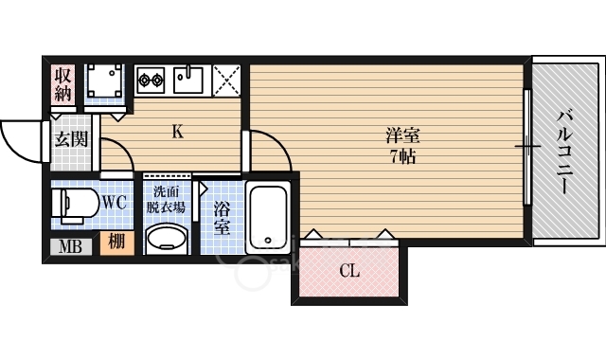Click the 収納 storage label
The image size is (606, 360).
[x=62, y=85]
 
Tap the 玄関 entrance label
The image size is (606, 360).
[x=72, y=139]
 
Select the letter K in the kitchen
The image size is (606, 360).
[x=177, y=132]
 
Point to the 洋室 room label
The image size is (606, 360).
[x=402, y=135]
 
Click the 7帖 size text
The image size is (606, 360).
[x=402, y=156]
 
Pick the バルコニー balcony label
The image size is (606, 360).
[x=564, y=152]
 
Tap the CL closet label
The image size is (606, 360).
[x=349, y=271]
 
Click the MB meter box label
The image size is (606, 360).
[x=70, y=246]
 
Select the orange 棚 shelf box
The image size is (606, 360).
[x=117, y=243]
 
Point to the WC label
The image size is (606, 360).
[x=115, y=202]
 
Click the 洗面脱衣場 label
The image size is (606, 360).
[x=167, y=200]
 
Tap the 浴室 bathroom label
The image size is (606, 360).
[x=223, y=219]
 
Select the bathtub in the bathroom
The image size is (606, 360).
[x=268, y=217]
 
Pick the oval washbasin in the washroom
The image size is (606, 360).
[x=167, y=238]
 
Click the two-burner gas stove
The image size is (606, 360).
[x=151, y=80]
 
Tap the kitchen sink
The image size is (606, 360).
[x=187, y=80]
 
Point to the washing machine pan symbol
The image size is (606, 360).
[x=105, y=81]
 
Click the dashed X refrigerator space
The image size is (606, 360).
[x=226, y=80]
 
